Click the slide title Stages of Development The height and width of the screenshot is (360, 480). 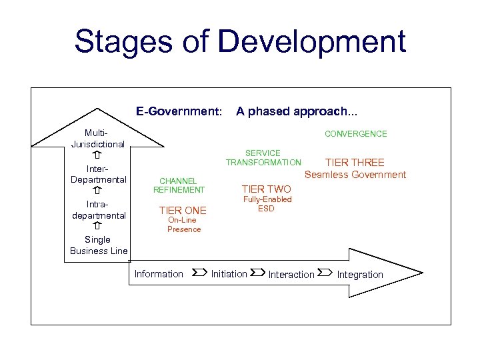pyautogui.click(x=240, y=41)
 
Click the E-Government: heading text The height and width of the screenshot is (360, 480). pyautogui.click(x=179, y=111)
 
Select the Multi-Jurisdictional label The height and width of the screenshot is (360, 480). pyautogui.click(x=97, y=139)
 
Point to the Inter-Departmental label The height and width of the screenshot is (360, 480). pyautogui.click(x=98, y=173)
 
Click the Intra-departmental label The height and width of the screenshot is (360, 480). pyautogui.click(x=99, y=209)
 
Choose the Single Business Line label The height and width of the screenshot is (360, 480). pyautogui.click(x=98, y=245)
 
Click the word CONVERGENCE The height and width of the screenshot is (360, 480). pyautogui.click(x=355, y=134)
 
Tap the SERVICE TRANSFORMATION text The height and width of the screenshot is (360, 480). pyautogui.click(x=263, y=158)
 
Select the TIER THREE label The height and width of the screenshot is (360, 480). pyautogui.click(x=354, y=163)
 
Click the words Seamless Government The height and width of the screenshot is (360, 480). pyautogui.click(x=355, y=175)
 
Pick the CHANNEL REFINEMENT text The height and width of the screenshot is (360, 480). pyautogui.click(x=179, y=185)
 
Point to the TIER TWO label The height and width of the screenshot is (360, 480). pyautogui.click(x=266, y=189)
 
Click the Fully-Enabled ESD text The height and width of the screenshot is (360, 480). pyautogui.click(x=267, y=204)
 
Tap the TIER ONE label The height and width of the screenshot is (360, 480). pyautogui.click(x=183, y=211)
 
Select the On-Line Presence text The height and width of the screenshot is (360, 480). pyautogui.click(x=184, y=225)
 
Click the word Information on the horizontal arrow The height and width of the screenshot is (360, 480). pyautogui.click(x=159, y=274)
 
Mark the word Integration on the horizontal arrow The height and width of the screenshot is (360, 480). pyautogui.click(x=360, y=275)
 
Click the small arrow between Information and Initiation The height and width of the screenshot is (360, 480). pyautogui.click(x=198, y=273)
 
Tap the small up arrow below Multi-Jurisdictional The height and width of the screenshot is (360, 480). pyautogui.click(x=97, y=155)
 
